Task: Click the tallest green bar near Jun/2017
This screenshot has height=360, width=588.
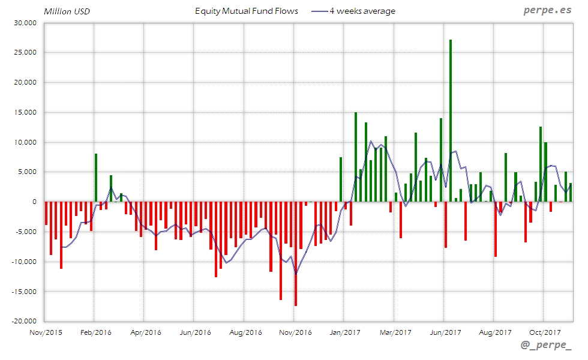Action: tap(451, 120)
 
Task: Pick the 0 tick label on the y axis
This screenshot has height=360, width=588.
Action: tap(35, 202)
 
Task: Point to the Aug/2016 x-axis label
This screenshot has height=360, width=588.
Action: tap(245, 332)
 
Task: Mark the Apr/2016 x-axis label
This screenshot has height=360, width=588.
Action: tap(146, 332)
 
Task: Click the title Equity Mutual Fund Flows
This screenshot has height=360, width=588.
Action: tap(247, 11)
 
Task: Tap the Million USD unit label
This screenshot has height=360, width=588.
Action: tap(67, 11)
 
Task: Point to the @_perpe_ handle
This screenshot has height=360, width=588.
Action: tap(546, 346)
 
